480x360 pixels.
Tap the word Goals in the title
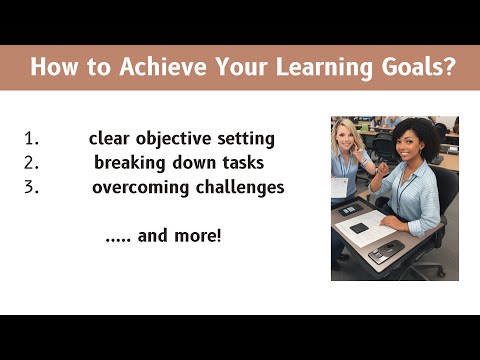click(412, 68)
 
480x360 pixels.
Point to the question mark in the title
click(452, 68)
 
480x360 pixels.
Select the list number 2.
click(29, 162)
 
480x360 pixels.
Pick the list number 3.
click(29, 187)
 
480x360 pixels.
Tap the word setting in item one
click(244, 138)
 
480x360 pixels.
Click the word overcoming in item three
click(140, 187)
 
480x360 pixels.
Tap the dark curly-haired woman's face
click(409, 145)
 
